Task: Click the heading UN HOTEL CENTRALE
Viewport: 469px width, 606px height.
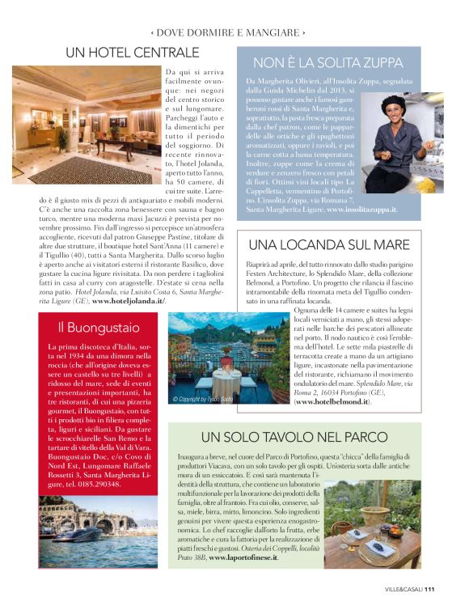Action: point(132,53)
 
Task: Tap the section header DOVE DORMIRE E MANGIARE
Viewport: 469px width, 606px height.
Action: point(228,33)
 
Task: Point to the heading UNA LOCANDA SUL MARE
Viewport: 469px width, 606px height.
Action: point(328,244)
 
